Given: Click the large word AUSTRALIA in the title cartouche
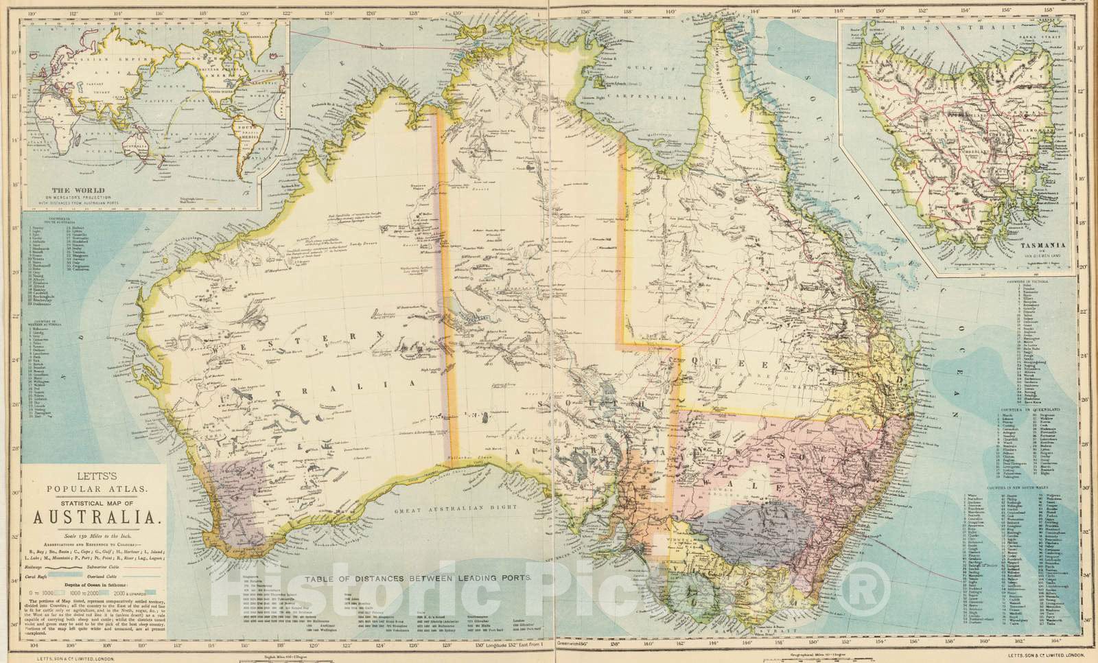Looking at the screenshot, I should point(95,514).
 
